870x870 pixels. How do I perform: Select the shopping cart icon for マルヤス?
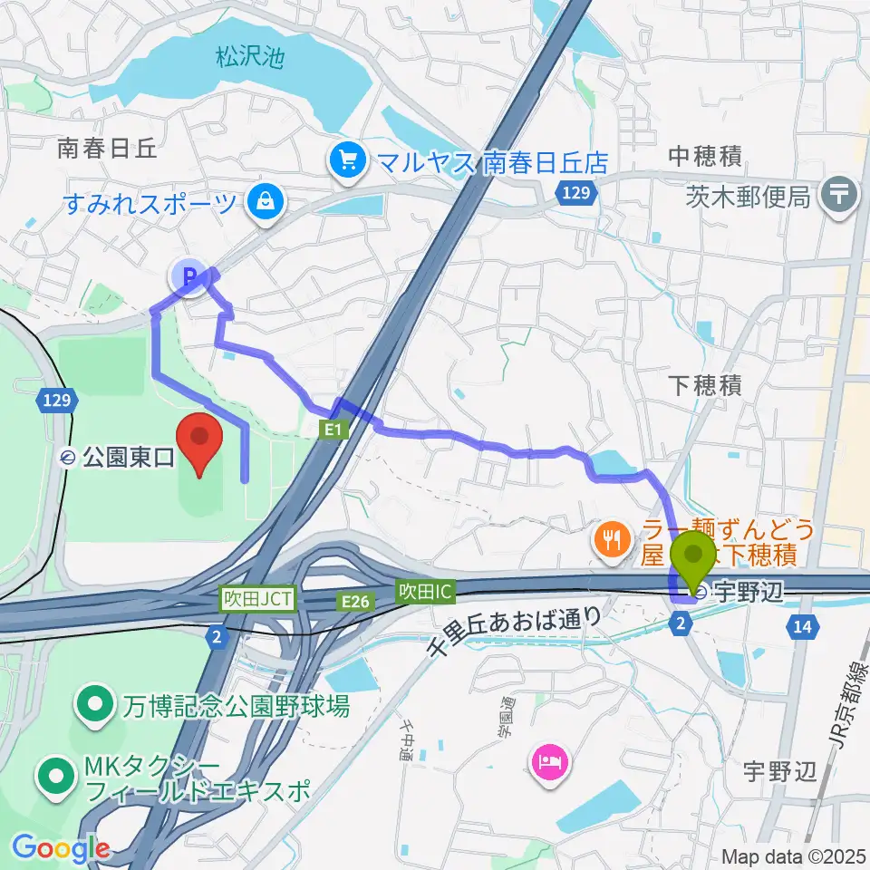[348, 161]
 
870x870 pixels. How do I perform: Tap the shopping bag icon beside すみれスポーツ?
[268, 201]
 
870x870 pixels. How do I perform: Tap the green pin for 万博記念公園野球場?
[94, 706]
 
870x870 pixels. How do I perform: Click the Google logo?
[61, 849]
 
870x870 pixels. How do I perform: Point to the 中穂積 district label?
[705, 156]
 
